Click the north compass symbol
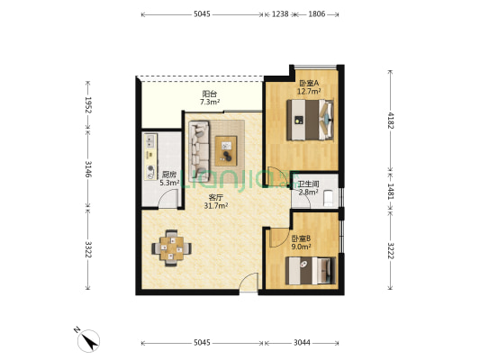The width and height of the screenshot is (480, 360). [x=88, y=341]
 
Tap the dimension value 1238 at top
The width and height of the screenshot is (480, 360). [x=280, y=14]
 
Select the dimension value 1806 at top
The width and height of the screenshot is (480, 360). [x=316, y=14]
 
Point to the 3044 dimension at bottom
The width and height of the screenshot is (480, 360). [x=302, y=343]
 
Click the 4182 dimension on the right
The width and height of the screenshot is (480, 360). [x=390, y=121]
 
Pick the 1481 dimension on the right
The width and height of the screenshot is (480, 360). [x=390, y=191]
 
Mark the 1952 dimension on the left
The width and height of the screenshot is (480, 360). [x=88, y=105]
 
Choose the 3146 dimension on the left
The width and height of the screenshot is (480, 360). [x=88, y=169]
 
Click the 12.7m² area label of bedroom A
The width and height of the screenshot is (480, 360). [x=309, y=91]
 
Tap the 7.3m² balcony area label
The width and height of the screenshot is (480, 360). [x=210, y=102]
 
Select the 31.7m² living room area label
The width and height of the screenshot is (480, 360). [x=216, y=206]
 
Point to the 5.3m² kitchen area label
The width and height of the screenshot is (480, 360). [x=169, y=183]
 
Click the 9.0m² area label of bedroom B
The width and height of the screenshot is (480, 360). [x=301, y=247]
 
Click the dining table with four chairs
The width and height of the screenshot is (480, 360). [x=171, y=248]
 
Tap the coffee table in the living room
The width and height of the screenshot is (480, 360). [x=226, y=151]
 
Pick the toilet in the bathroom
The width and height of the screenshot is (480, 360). [x=328, y=198]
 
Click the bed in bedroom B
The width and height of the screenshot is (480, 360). [x=311, y=271]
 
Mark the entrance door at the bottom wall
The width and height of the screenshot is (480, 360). [x=249, y=283]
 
